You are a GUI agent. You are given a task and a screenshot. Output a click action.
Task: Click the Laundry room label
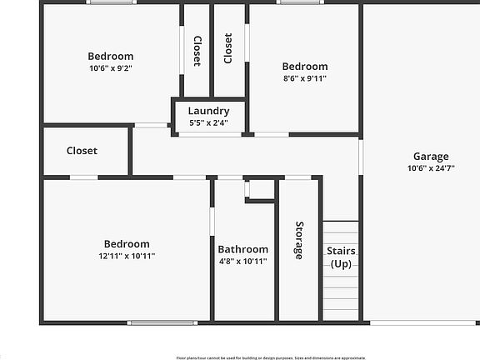(208, 111)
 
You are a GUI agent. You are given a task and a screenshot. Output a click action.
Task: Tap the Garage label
(431, 156)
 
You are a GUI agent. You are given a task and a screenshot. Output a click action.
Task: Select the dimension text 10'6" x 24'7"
(431, 167)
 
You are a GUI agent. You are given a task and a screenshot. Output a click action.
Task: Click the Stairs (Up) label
(341, 257)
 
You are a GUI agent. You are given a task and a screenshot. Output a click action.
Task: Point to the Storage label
(298, 240)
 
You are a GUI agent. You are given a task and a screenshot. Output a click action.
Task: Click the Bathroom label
(243, 249)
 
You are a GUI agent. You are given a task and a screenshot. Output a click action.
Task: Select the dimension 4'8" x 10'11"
(243, 261)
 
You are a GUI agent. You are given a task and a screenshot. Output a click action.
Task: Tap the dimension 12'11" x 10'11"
(127, 256)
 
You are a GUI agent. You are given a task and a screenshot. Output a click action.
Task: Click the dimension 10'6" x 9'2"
(111, 68)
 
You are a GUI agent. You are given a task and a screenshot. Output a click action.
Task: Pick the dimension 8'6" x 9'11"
(304, 78)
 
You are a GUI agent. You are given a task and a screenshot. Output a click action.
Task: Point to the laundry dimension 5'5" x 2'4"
(208, 122)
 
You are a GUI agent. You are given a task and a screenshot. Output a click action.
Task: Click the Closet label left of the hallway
(82, 151)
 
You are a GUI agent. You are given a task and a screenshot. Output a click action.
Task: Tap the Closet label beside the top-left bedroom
(197, 51)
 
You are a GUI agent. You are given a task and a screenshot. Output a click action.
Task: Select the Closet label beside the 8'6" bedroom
(228, 47)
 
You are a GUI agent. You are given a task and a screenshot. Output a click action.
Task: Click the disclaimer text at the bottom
(270, 357)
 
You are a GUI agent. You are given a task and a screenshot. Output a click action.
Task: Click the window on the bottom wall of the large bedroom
(162, 322)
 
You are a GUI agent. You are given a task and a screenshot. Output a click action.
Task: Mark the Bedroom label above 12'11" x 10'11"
(127, 244)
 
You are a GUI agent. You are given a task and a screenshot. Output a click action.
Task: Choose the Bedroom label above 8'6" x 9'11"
(304, 67)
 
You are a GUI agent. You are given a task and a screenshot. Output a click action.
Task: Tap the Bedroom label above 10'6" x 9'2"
(111, 57)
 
